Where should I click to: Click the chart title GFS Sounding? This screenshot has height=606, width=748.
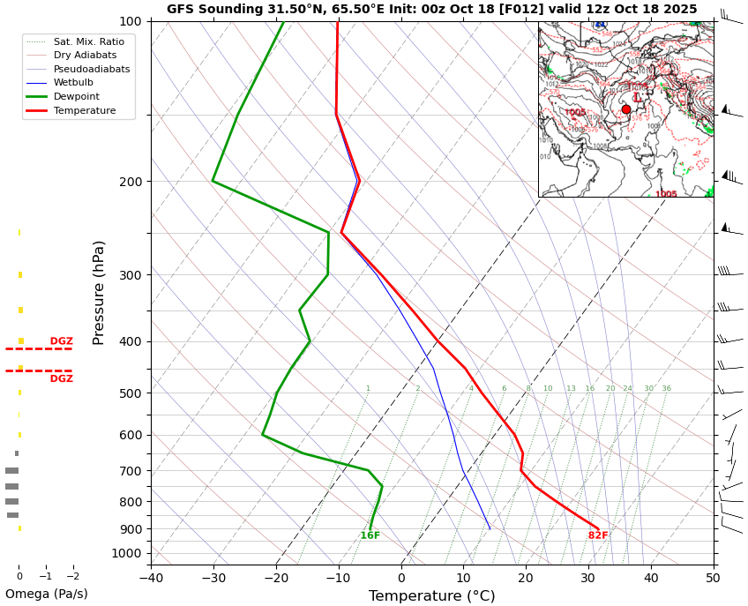tap(431, 9)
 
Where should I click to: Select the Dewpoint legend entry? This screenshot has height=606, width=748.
tap(76, 96)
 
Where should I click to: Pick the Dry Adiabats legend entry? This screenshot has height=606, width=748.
tap(85, 55)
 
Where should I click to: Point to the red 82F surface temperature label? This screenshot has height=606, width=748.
tap(598, 535)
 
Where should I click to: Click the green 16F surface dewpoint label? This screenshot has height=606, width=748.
tap(370, 535)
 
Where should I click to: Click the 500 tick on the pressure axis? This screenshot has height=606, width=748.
tap(130, 393)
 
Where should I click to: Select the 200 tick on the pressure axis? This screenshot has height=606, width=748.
tap(130, 182)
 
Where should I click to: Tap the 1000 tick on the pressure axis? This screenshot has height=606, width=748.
tap(126, 554)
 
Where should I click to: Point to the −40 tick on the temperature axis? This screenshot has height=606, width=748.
tap(151, 578)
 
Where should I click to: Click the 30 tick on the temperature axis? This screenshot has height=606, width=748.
tap(588, 578)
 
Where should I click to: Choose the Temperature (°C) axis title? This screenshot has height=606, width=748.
tap(431, 596)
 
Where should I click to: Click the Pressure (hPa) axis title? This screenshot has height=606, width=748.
tap(99, 292)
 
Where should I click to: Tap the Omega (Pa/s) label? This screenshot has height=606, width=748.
tap(46, 594)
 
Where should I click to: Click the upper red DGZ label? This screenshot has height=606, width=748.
tap(62, 341)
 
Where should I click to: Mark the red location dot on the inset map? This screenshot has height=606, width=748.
tap(626, 109)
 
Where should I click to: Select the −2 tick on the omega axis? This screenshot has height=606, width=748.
tap(72, 576)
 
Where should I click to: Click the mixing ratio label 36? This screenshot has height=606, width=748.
tap(666, 388)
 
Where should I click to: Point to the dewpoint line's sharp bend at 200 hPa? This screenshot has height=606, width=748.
tap(213, 182)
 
